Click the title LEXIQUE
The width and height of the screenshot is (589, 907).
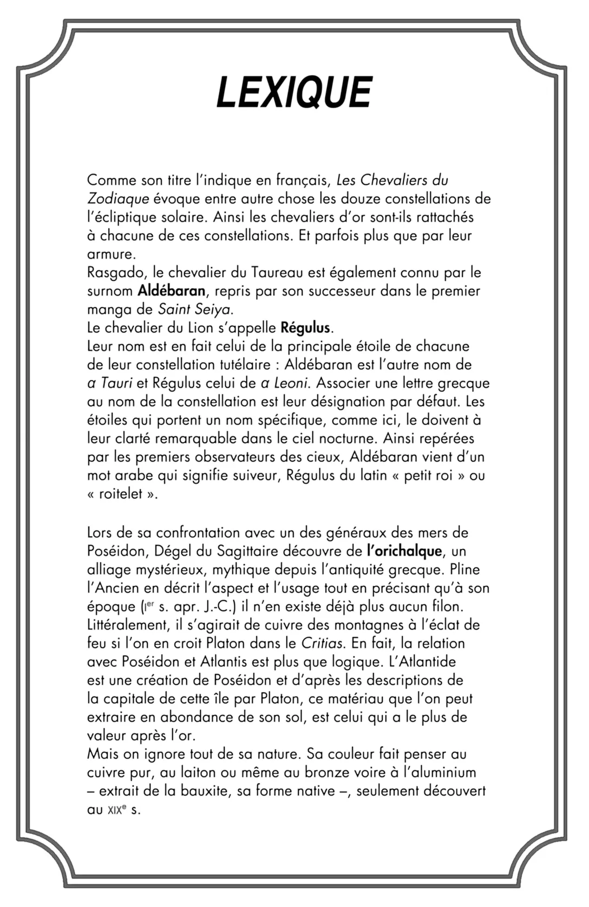click(x=294, y=92)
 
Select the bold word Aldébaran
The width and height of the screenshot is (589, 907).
click(x=171, y=291)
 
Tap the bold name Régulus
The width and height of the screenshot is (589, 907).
click(x=305, y=328)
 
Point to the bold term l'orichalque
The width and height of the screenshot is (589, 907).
click(x=404, y=551)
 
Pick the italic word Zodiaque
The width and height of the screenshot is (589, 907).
click(x=118, y=199)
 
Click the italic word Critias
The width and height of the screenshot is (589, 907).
click(x=322, y=643)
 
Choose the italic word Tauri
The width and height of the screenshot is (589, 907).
click(x=116, y=383)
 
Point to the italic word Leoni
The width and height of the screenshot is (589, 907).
click(x=290, y=383)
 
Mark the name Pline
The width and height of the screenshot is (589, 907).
click(x=464, y=569)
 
